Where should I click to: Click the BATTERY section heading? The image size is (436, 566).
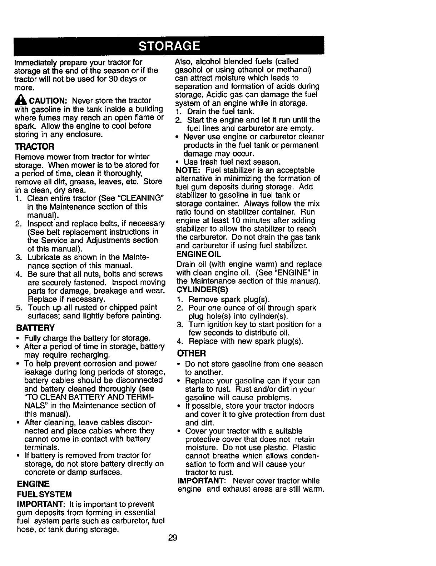[35, 328]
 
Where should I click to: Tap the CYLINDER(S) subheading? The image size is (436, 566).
[202, 289]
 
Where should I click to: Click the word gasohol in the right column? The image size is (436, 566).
[189, 69]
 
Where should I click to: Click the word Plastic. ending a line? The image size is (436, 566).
[304, 447]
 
